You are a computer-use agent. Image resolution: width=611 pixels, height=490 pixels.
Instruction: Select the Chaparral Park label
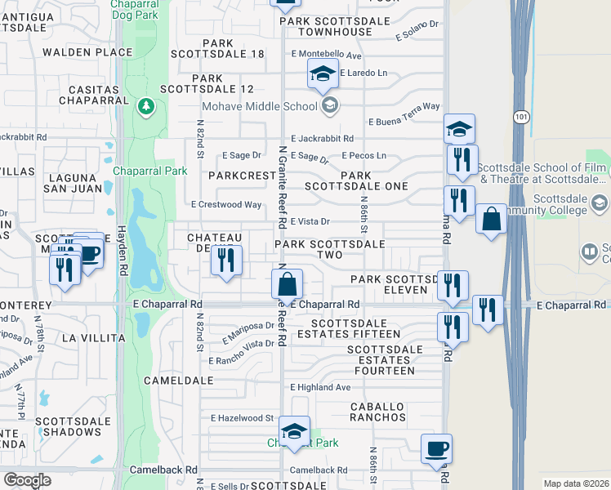[x=149, y=171]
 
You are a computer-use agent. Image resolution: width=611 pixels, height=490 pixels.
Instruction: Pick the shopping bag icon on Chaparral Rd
[x=287, y=286]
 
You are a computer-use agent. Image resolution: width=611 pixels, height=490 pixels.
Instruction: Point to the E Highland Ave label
[x=319, y=387]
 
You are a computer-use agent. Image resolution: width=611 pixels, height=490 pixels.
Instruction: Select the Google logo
[x=27, y=480]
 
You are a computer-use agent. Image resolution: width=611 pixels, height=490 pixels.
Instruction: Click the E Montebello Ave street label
[x=325, y=55]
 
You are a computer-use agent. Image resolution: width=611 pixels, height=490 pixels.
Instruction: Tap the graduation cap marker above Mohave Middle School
[x=323, y=74]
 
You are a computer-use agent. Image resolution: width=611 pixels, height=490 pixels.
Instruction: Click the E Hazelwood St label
[x=242, y=417]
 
